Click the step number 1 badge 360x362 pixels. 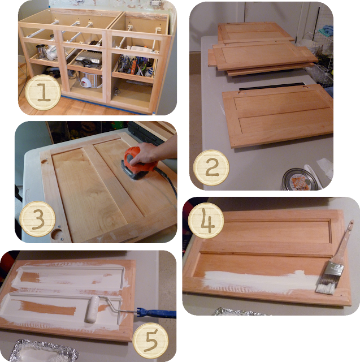42,92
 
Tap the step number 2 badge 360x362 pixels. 211,167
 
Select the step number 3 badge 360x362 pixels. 38,219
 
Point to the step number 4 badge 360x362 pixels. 206,221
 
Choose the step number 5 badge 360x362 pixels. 150,341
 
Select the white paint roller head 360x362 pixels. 92,309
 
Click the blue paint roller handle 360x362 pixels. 157,313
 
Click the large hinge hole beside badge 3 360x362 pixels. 57,234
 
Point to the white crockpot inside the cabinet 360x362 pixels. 89,80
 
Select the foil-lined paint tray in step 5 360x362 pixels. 44,351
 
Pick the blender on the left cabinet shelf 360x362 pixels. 41,51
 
